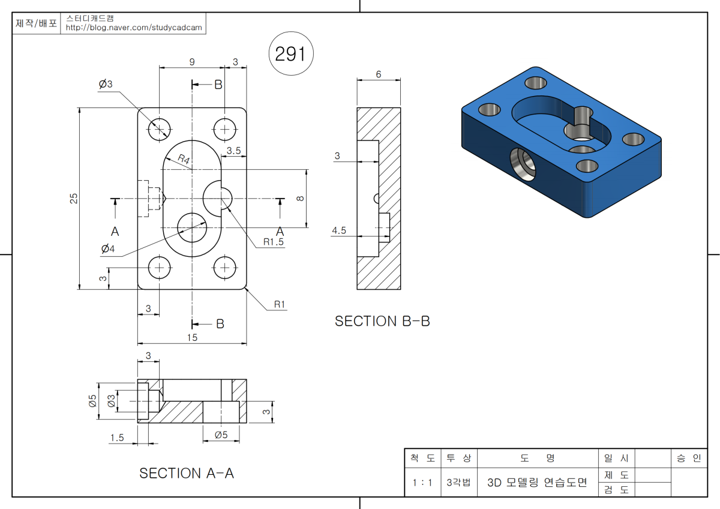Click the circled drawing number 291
point(290,55)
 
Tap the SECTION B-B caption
point(382,321)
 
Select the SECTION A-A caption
point(187,473)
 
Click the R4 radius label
point(184,160)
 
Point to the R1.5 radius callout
point(273,242)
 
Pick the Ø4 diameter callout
point(108,248)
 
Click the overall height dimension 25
point(74,198)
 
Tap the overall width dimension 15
point(192,338)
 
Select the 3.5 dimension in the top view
point(234,151)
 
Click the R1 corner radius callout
point(280,304)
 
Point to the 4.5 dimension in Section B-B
point(339,230)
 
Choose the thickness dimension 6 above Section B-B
point(379,74)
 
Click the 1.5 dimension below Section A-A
point(117,438)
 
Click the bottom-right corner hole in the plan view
point(224,268)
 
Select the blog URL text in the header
point(134,28)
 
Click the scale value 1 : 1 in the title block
point(422,483)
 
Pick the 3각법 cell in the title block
point(459,483)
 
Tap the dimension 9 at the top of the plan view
point(191,61)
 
